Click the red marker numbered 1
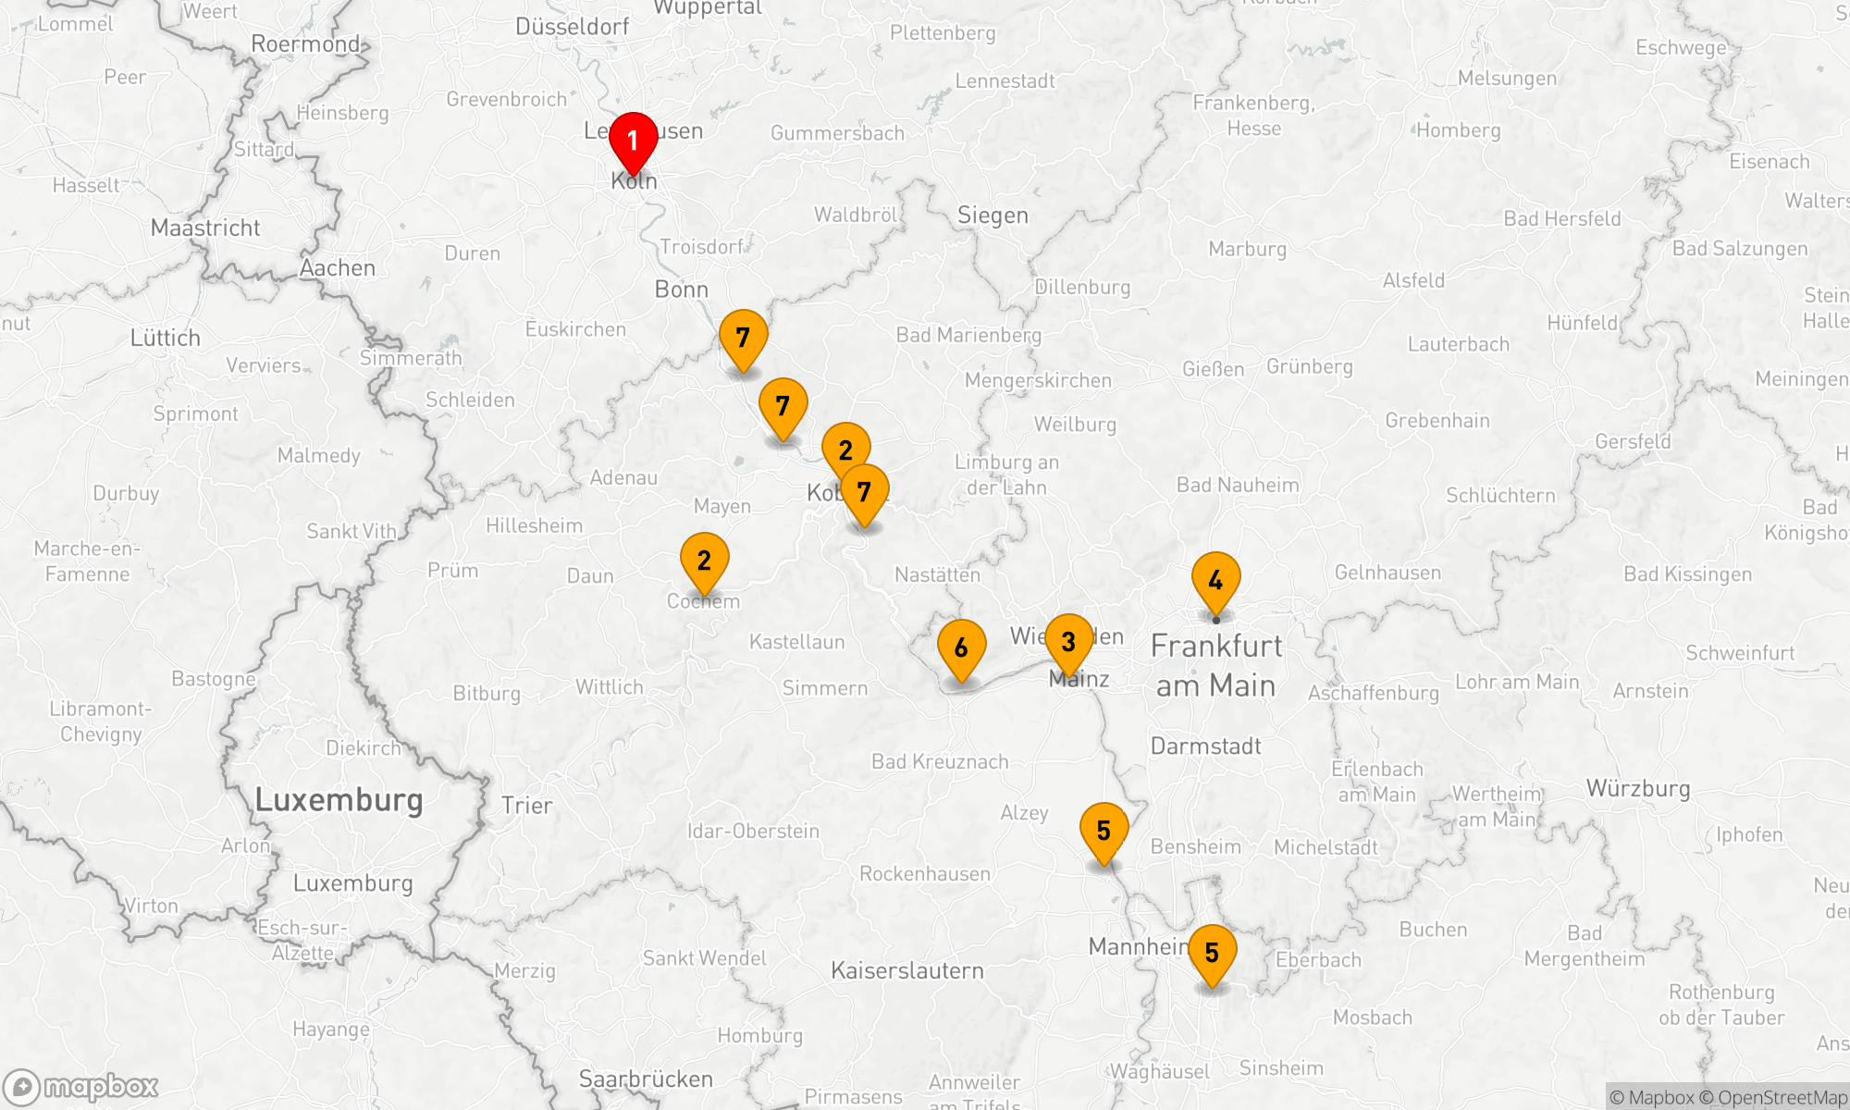pos(633,141)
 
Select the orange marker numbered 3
pos(1068,641)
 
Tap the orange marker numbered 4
pos(1215,580)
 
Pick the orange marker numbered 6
pos(961,647)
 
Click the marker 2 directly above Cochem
pos(704,560)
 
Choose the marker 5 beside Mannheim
pos(1212,953)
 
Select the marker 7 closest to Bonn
pos(743,338)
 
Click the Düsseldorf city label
pos(572,27)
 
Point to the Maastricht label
pos(205,228)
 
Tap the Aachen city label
pos(338,268)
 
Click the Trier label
pos(526,806)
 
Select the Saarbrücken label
pos(646,1079)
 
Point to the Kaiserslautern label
pos(906,970)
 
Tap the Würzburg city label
pos(1638,789)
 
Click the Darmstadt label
pos(1205,746)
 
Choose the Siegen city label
pos(993,216)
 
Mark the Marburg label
pos(1247,249)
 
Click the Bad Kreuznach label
pos(940,761)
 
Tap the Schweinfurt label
pos(1740,653)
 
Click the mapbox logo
pos(81,1087)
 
